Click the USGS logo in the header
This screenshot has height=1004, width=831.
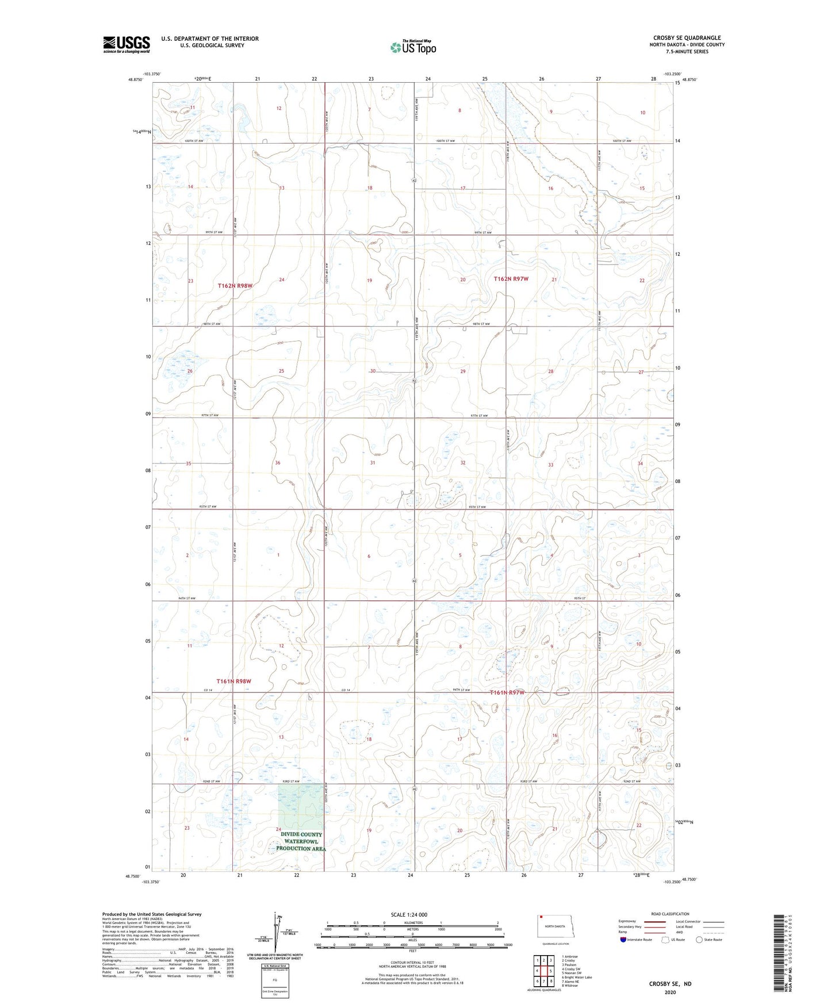point(127,44)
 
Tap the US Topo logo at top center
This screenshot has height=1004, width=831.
point(413,47)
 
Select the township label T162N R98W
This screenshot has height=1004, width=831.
point(235,285)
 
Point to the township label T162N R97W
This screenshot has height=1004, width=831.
point(511,279)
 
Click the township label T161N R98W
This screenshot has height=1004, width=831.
point(234,681)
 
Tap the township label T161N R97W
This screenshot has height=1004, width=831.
point(507,692)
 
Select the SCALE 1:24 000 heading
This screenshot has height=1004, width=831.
point(409,914)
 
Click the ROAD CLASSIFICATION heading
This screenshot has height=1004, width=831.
point(670,914)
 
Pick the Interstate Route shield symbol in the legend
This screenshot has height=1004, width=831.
point(623,940)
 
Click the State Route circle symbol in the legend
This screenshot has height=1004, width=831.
point(699,940)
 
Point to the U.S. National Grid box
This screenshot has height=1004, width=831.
point(275,979)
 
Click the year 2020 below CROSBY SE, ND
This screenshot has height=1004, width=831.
point(670,992)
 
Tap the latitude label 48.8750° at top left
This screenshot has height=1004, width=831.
point(136,81)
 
